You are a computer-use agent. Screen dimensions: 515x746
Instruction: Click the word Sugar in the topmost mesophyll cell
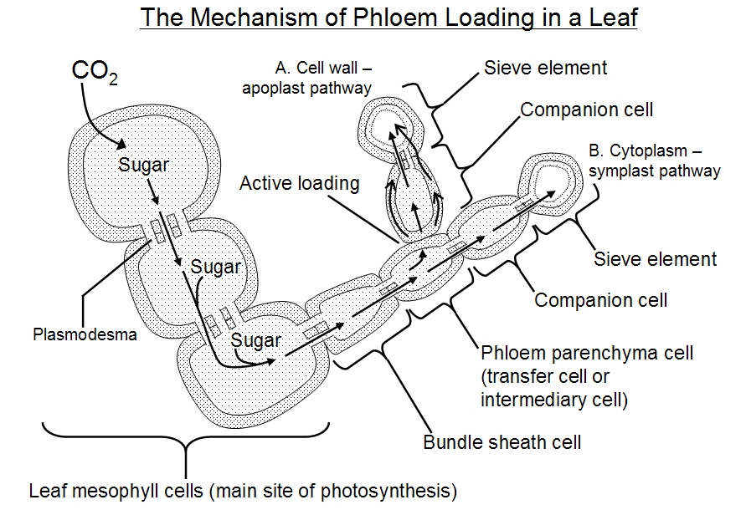(x=143, y=165)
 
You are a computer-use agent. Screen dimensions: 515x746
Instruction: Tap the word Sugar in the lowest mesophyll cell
(x=256, y=339)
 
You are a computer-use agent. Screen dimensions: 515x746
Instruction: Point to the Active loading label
(x=299, y=183)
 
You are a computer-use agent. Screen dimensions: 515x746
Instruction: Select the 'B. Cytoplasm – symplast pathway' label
(x=654, y=161)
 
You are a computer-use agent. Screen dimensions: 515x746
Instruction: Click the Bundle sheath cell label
(x=502, y=441)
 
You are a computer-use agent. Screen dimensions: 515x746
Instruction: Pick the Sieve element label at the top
(x=545, y=68)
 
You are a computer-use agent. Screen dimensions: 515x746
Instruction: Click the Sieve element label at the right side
(x=655, y=258)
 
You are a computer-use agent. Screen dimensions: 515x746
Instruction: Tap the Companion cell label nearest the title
(x=586, y=110)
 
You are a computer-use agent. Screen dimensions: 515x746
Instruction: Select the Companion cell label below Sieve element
(x=600, y=299)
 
